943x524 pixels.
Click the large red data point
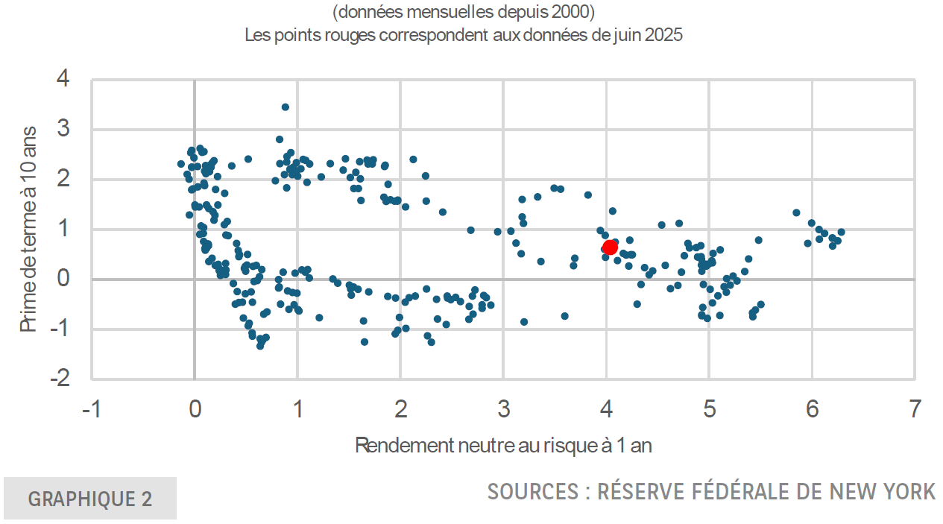(610, 247)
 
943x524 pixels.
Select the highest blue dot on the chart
(286, 107)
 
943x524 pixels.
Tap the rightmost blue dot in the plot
(841, 231)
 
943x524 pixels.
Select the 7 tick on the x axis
(915, 408)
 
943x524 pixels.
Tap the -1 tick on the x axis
(90, 408)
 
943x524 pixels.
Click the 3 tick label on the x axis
(503, 408)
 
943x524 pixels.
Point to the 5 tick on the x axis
(709, 408)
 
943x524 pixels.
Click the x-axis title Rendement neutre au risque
(503, 446)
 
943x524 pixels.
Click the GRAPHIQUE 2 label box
(90, 499)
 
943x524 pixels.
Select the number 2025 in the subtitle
(663, 34)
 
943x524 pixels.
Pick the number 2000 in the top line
(575, 13)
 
